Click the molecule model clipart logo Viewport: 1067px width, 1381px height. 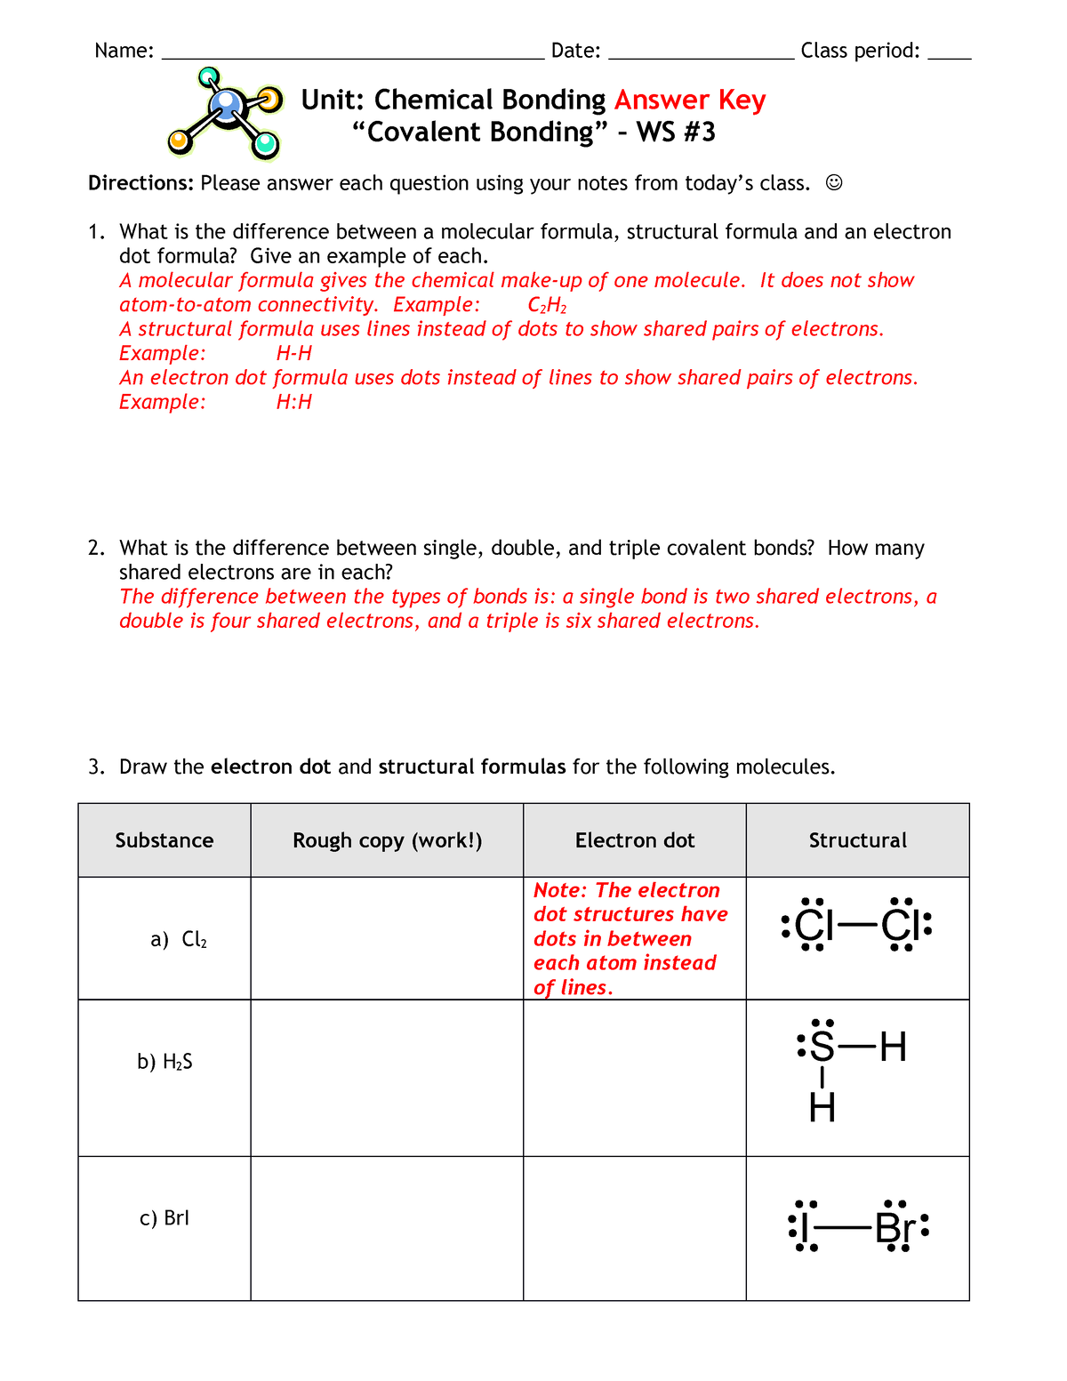[x=225, y=113]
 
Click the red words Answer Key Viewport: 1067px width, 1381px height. [x=689, y=100]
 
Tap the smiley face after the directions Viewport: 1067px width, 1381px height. [x=833, y=183]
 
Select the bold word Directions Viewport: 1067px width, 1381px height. [x=140, y=183]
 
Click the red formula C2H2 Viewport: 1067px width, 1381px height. [x=547, y=305]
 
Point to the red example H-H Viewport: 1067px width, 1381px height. [x=294, y=354]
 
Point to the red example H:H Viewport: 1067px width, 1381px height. [x=294, y=402]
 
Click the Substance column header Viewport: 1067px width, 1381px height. [x=164, y=840]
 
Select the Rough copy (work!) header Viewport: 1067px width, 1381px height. [x=387, y=840]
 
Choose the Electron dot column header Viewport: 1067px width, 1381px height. [x=635, y=840]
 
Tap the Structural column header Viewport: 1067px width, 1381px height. [x=857, y=840]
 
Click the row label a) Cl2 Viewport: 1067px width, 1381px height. [x=179, y=940]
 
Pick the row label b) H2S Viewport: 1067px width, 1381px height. [x=164, y=1062]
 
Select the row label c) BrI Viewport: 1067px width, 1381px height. [x=164, y=1218]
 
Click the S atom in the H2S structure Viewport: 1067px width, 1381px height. [x=822, y=1048]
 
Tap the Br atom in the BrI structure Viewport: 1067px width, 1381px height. [x=895, y=1230]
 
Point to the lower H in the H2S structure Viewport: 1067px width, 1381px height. [x=822, y=1108]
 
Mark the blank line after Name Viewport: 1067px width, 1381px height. [x=352, y=55]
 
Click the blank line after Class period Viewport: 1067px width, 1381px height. [x=949, y=55]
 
